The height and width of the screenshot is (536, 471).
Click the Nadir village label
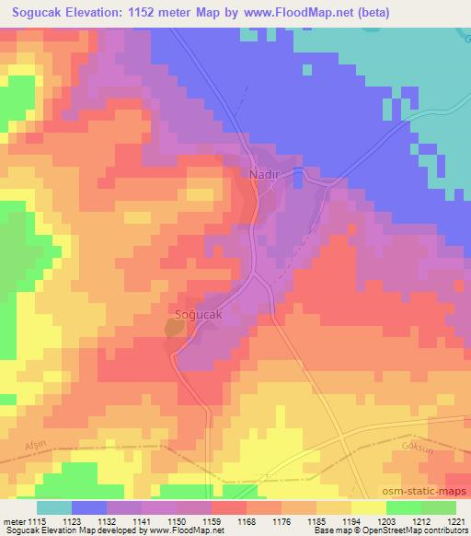pyautogui.click(x=264, y=172)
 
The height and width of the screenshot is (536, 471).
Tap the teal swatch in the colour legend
pyautogui.click(x=54, y=507)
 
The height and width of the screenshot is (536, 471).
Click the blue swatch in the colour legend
pyautogui.click(x=89, y=507)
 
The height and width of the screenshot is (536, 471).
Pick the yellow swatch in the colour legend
pyautogui.click(x=368, y=507)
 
